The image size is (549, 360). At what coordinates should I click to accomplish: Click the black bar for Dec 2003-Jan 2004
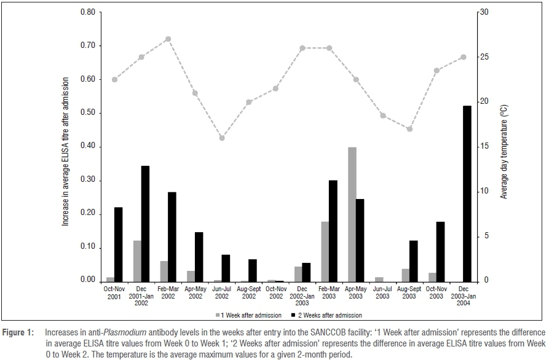(467, 194)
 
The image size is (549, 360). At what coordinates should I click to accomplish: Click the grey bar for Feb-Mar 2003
(325, 251)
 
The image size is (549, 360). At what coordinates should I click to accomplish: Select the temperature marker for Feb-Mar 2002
(168, 39)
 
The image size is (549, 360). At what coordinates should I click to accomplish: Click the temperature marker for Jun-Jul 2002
(222, 138)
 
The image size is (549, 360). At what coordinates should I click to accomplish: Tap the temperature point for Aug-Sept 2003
(409, 129)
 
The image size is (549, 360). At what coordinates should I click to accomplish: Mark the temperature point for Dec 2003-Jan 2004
(464, 57)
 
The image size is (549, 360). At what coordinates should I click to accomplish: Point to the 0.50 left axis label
(87, 113)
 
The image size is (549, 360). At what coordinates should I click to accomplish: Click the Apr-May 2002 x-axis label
(196, 292)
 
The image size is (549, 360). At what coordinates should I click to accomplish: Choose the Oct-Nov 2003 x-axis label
(436, 292)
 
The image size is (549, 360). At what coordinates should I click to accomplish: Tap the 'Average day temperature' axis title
(504, 151)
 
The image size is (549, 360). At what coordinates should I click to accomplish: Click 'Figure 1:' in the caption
(19, 332)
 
